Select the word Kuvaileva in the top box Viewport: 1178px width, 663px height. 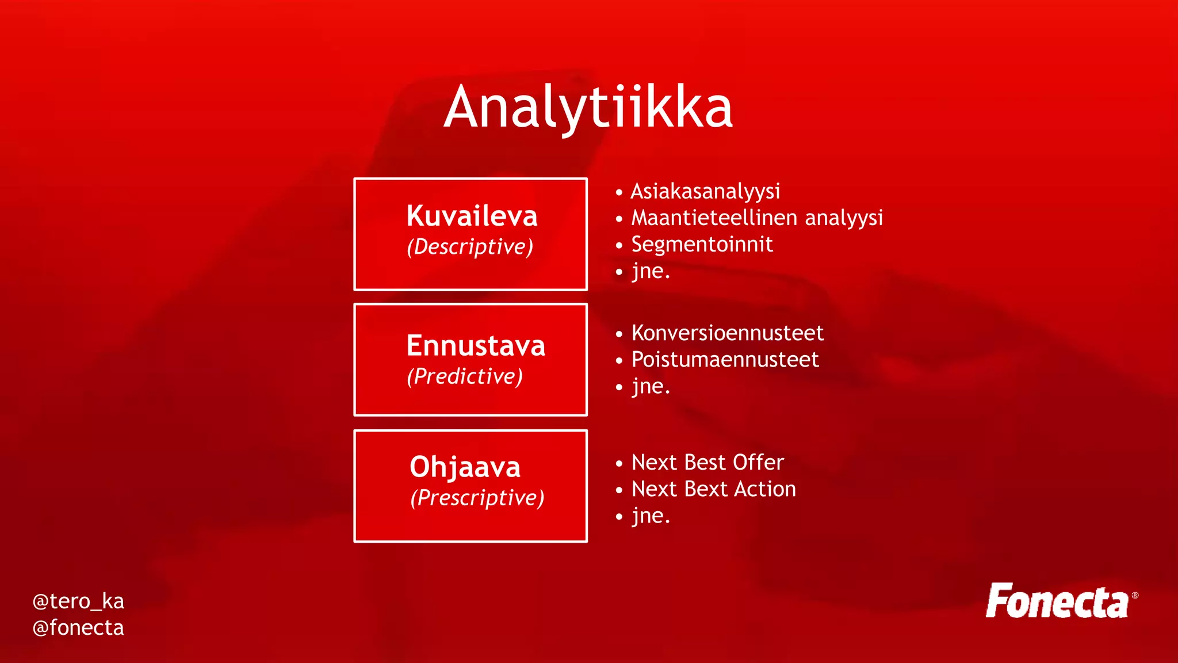click(x=472, y=216)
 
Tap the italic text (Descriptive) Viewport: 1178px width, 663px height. click(x=470, y=247)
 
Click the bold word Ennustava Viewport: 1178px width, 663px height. click(x=476, y=346)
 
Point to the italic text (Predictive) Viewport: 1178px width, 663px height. click(x=465, y=376)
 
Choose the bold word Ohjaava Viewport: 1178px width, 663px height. click(x=465, y=467)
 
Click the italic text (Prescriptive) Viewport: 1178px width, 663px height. click(x=477, y=498)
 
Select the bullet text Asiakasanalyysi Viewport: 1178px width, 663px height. click(x=705, y=192)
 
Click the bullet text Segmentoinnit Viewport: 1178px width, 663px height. click(x=702, y=245)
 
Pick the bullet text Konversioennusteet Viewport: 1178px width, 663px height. click(x=727, y=333)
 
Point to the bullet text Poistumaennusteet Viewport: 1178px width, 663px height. click(x=725, y=360)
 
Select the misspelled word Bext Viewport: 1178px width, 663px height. click(x=707, y=489)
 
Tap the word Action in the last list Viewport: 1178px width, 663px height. click(x=765, y=489)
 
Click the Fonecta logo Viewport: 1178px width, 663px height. click(x=1057, y=601)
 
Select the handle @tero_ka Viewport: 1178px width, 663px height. click(x=78, y=601)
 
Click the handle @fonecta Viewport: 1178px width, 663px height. click(x=78, y=628)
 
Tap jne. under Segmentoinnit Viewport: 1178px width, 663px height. click(x=651, y=272)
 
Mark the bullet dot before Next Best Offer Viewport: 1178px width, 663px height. click(x=619, y=463)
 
